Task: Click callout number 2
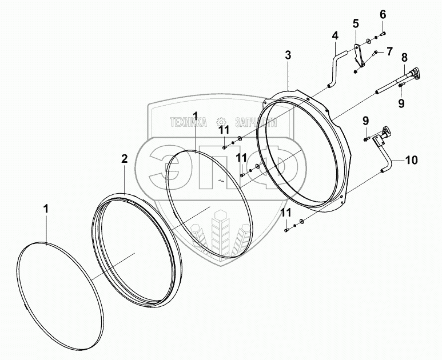click(x=125, y=159)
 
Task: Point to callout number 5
click(x=356, y=23)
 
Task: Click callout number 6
click(x=383, y=14)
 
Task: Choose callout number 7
click(x=389, y=51)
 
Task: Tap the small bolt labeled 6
click(x=382, y=32)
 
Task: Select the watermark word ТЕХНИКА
click(x=188, y=122)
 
